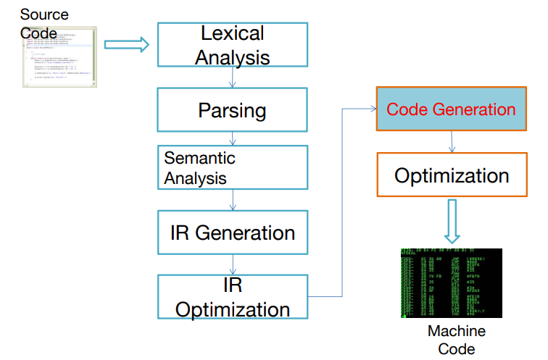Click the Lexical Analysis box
(x=232, y=45)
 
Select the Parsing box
(x=232, y=111)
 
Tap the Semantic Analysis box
(x=232, y=167)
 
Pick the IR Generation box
(x=232, y=233)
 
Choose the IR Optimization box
(x=232, y=296)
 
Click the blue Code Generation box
(x=451, y=109)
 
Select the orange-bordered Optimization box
(x=451, y=175)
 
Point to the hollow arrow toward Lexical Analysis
(x=127, y=45)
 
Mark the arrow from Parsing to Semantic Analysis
(x=232, y=138)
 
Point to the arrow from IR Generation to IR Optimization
(x=232, y=264)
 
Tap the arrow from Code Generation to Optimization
(x=452, y=142)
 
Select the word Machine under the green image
(x=456, y=332)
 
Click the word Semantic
(x=199, y=157)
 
